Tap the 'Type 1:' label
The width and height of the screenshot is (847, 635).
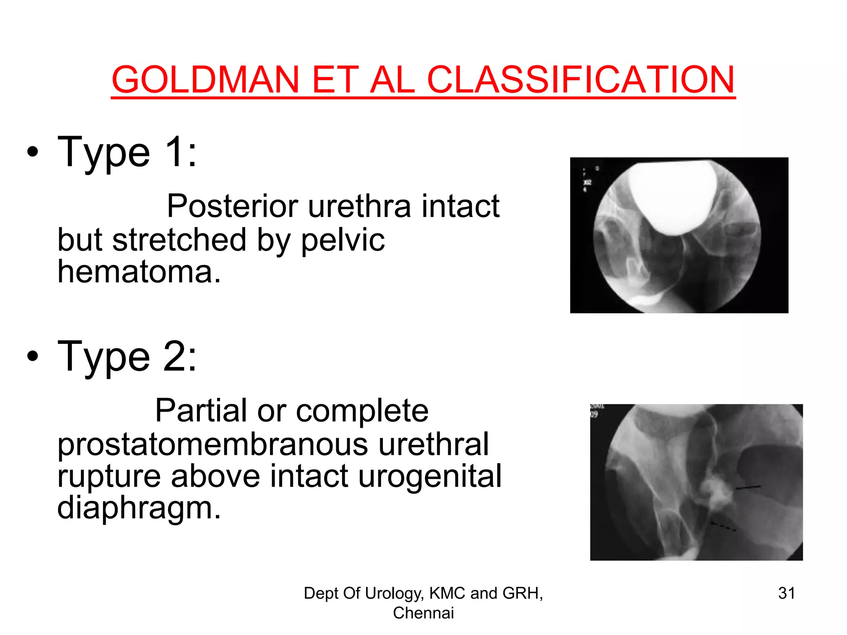tap(127, 153)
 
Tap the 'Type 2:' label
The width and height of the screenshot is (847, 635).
tap(127, 357)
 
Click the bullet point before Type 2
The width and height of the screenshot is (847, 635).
tap(33, 356)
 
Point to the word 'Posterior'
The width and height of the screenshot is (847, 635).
tap(232, 206)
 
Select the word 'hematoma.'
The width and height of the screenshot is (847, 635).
tap(139, 272)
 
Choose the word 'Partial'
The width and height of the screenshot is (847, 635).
tap(201, 411)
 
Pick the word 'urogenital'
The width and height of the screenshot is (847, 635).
tap(430, 476)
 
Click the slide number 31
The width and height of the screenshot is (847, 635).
tap(786, 593)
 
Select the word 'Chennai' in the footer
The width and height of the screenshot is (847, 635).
tap(423, 613)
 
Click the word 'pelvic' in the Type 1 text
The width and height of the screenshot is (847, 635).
tap(343, 240)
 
